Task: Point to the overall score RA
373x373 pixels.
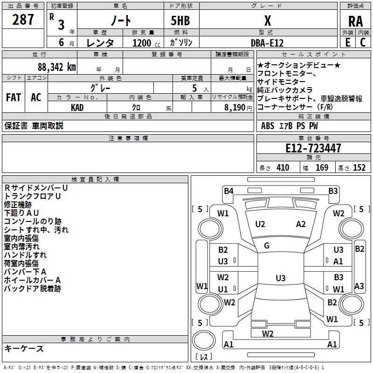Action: [x=355, y=21]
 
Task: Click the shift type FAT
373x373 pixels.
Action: [x=13, y=97]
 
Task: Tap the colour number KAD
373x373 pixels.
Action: [x=78, y=108]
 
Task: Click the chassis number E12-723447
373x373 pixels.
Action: [x=313, y=148]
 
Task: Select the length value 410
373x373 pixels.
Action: [x=282, y=168]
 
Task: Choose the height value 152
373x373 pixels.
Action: [x=359, y=168]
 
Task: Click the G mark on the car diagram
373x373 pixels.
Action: [x=267, y=246]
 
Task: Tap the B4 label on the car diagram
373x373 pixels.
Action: [x=228, y=190]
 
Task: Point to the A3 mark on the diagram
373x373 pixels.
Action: [x=359, y=286]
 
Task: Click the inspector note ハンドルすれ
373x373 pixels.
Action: [x=25, y=255]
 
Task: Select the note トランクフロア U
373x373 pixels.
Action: [x=33, y=196]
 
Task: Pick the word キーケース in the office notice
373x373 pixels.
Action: [x=24, y=348]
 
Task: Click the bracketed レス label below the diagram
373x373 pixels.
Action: [x=203, y=357]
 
